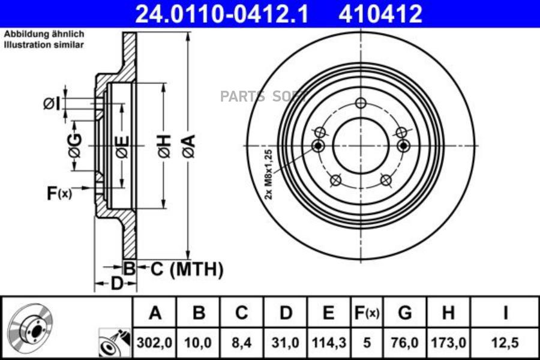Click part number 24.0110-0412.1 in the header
221,14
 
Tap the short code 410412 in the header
380,14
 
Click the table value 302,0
154,343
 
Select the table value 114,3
329,343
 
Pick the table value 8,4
242,343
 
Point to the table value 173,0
448,343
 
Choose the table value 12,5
505,343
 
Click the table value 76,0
404,343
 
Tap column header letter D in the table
286,313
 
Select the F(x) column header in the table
367,313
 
